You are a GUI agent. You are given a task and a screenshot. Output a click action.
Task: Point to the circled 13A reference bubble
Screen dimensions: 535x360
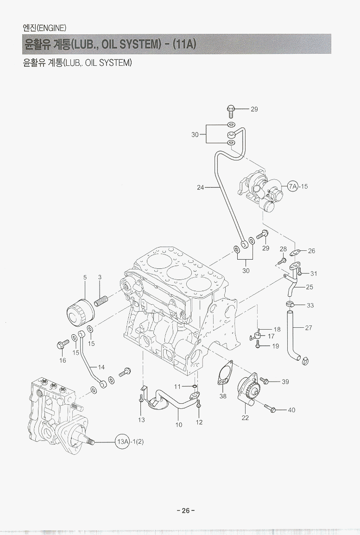(x=122, y=441)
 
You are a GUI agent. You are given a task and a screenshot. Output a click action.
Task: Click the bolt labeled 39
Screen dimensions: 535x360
(x=264, y=381)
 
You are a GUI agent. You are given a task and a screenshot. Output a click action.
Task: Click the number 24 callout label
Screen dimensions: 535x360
(x=200, y=188)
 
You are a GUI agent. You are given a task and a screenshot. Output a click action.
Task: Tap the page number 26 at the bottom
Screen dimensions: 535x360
(x=185, y=510)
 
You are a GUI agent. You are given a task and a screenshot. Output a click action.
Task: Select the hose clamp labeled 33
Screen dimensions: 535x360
(x=290, y=305)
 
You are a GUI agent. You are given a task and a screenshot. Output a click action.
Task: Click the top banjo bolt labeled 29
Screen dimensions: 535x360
(x=230, y=109)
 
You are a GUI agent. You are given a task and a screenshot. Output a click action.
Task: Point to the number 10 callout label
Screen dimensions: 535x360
(x=179, y=424)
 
